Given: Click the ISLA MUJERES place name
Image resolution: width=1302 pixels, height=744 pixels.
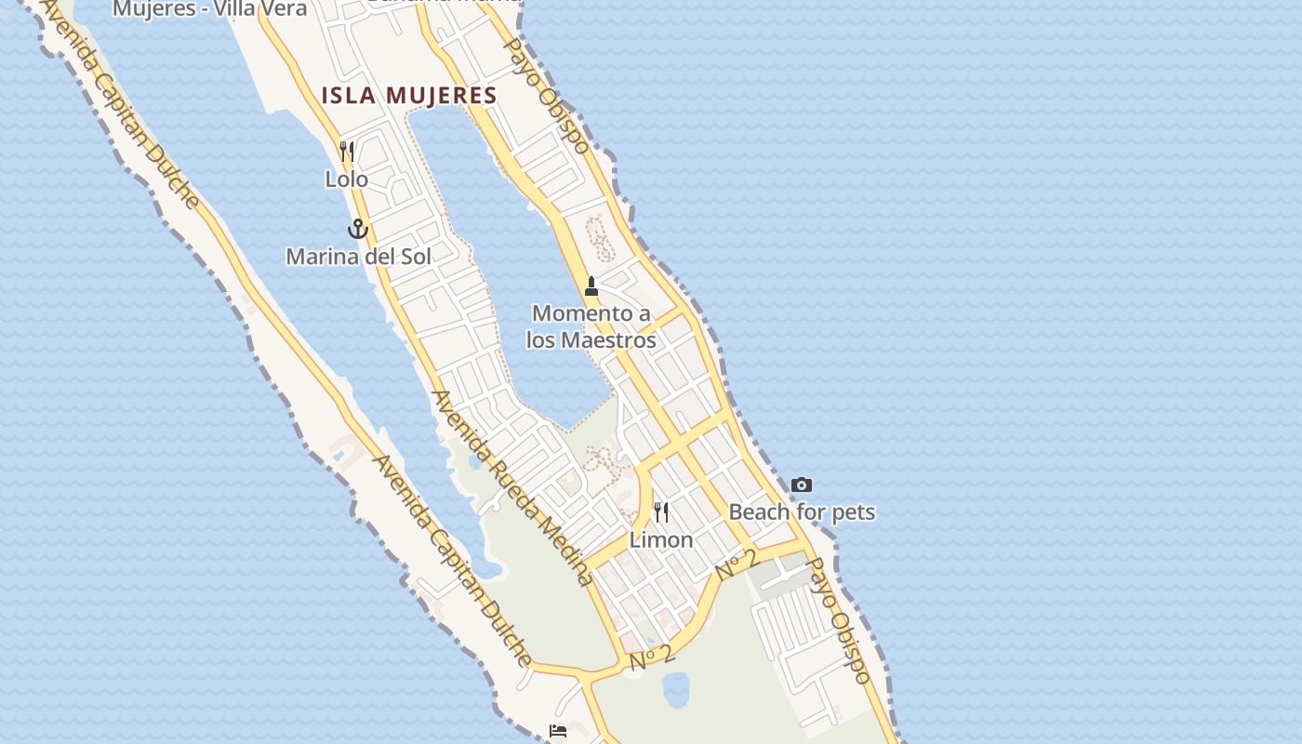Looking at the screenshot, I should (x=409, y=95).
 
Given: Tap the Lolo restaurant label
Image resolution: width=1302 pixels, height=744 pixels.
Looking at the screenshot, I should (x=346, y=179).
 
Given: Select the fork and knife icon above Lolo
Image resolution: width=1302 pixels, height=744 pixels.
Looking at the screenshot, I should (x=347, y=151).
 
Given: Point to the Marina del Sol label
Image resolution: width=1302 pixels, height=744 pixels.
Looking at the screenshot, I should (x=358, y=256).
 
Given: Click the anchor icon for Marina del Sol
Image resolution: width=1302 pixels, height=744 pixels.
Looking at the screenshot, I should (x=358, y=228).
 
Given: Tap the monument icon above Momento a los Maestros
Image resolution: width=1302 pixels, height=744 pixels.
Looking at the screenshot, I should (x=591, y=286).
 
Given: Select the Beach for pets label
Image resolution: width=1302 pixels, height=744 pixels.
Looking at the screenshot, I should (x=802, y=511).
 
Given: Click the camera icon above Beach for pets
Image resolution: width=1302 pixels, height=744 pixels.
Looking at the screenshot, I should (x=802, y=485).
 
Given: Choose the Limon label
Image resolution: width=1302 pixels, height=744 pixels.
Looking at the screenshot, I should (x=661, y=539).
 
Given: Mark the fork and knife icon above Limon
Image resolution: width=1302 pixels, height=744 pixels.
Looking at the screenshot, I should (x=661, y=511).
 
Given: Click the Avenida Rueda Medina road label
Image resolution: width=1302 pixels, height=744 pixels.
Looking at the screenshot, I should (x=512, y=487).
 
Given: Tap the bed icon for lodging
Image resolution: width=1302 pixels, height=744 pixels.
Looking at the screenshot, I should (x=558, y=731).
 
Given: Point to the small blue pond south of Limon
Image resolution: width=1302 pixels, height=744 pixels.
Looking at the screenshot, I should (x=676, y=689).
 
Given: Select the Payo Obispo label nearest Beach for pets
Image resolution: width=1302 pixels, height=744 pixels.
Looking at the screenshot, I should (x=840, y=620).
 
